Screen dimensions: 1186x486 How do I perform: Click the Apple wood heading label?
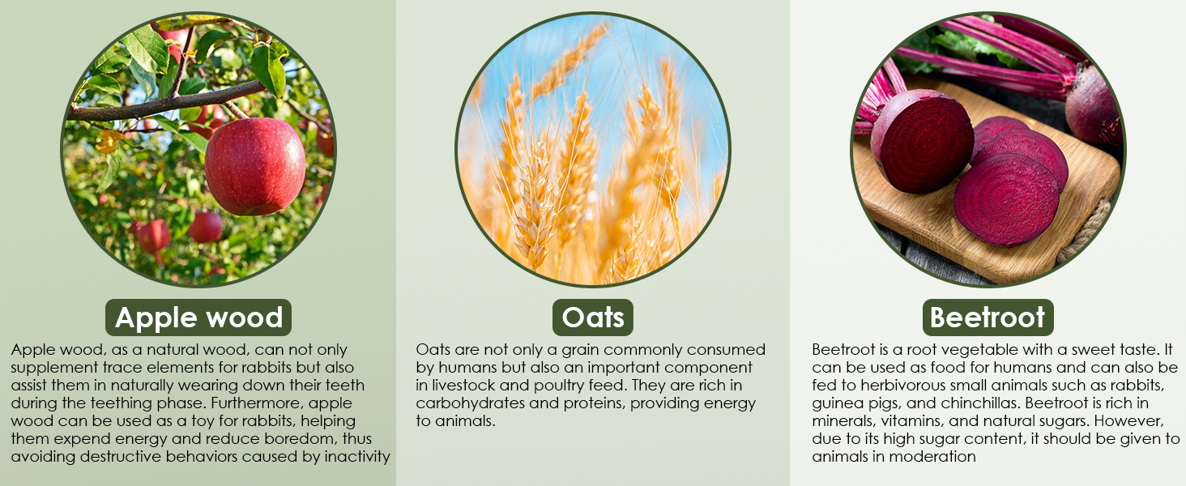click(198, 318)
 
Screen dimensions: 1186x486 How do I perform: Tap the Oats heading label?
click(592, 318)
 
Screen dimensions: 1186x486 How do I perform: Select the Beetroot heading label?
click(988, 318)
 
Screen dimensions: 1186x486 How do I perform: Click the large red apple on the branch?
click(254, 166)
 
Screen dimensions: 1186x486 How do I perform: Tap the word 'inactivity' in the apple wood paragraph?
click(357, 456)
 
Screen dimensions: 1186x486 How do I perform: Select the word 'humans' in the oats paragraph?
click(468, 368)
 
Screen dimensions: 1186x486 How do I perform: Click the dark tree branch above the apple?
click(167, 101)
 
